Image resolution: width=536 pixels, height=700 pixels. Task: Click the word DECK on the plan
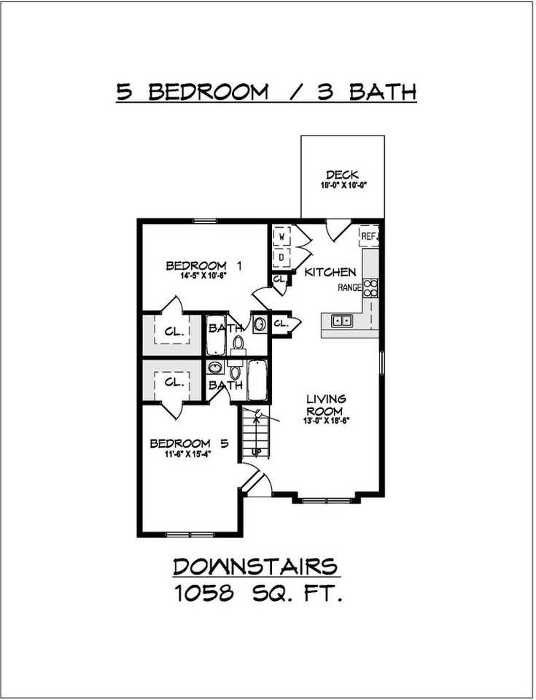(341, 174)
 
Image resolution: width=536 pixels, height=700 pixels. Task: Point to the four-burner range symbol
(371, 287)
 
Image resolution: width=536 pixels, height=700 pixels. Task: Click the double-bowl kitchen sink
(341, 319)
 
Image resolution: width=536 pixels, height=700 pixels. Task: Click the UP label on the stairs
(256, 452)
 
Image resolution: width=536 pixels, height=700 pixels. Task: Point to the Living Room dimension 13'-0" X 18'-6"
(325, 421)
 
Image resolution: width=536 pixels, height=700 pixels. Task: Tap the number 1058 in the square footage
(204, 594)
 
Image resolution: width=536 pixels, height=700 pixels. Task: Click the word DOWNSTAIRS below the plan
(255, 567)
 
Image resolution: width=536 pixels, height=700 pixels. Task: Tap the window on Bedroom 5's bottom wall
(187, 534)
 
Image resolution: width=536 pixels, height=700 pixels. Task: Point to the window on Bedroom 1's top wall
(205, 221)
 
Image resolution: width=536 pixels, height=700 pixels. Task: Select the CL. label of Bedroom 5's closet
(174, 381)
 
